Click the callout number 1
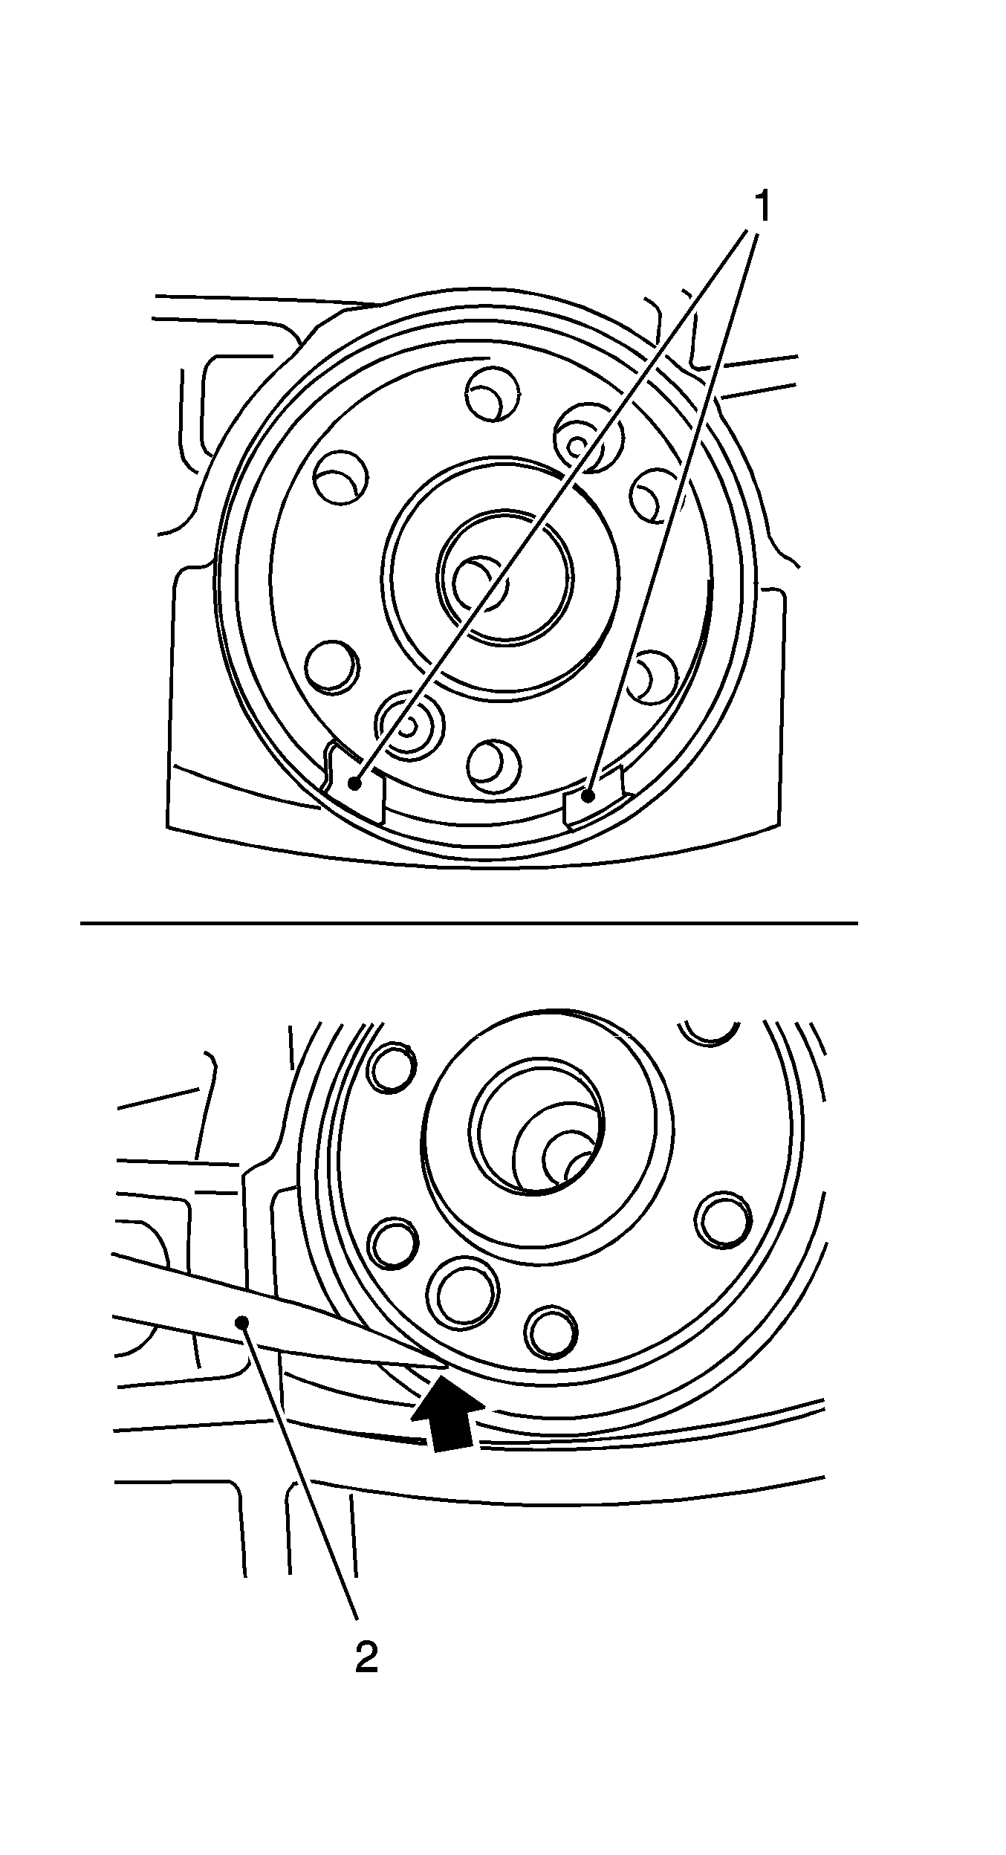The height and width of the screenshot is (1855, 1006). (762, 207)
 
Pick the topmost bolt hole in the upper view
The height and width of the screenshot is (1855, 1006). (493, 393)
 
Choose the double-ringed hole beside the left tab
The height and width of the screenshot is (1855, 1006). (408, 724)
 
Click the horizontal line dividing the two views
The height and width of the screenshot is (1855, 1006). (468, 923)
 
